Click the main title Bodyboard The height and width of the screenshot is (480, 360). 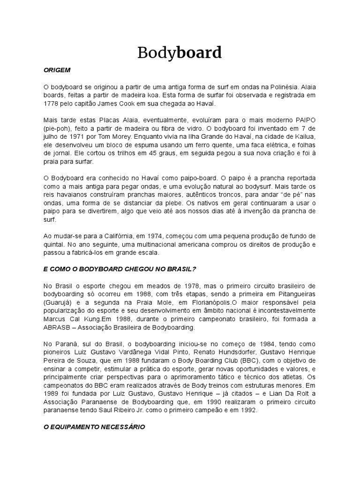coord(180,52)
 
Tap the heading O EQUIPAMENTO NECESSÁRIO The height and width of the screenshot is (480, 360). coord(94,427)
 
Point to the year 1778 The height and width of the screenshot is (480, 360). coord(50,104)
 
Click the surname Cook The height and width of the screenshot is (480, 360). coord(142,104)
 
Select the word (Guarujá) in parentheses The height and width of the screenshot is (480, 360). coord(57,302)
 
